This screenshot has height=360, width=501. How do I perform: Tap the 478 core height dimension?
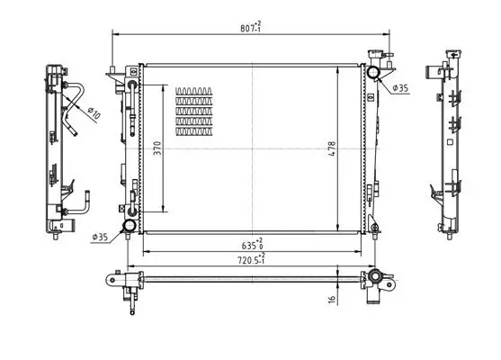click(x=332, y=148)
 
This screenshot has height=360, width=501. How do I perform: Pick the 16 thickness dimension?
click(x=332, y=299)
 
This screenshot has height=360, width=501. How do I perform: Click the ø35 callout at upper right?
click(x=400, y=87)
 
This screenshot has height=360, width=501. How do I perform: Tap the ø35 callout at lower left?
click(x=101, y=238)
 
